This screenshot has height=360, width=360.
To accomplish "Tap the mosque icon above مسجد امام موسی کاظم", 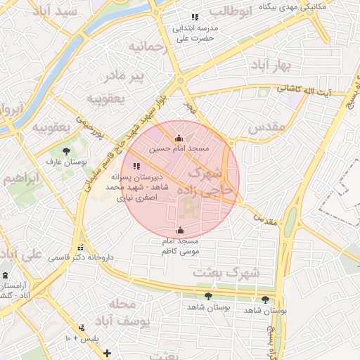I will (180, 230).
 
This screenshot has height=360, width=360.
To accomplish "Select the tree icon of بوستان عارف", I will (65, 151).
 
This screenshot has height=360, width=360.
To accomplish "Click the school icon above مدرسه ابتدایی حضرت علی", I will (194, 16).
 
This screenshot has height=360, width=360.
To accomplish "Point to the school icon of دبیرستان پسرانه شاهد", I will (136, 165).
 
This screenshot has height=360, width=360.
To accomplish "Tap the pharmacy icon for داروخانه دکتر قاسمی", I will (82, 248).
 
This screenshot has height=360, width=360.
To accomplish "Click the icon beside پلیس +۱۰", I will (82, 328).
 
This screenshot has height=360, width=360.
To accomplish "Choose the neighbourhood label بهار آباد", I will (278, 65).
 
